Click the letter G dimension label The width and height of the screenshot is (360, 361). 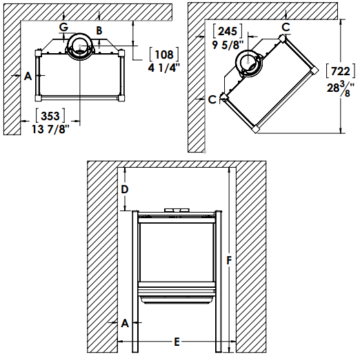[63, 27]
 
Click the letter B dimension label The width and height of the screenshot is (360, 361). [99, 30]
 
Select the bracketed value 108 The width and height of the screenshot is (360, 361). [164, 55]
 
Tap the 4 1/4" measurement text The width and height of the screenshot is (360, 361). [163, 68]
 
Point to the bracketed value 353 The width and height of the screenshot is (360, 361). [50, 115]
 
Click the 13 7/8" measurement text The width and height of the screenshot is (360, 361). [50, 129]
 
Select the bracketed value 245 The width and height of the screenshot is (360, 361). [228, 31]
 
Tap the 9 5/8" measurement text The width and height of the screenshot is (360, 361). [228, 45]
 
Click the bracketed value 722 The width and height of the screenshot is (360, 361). [341, 71]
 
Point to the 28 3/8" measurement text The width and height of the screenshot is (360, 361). [341, 88]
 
